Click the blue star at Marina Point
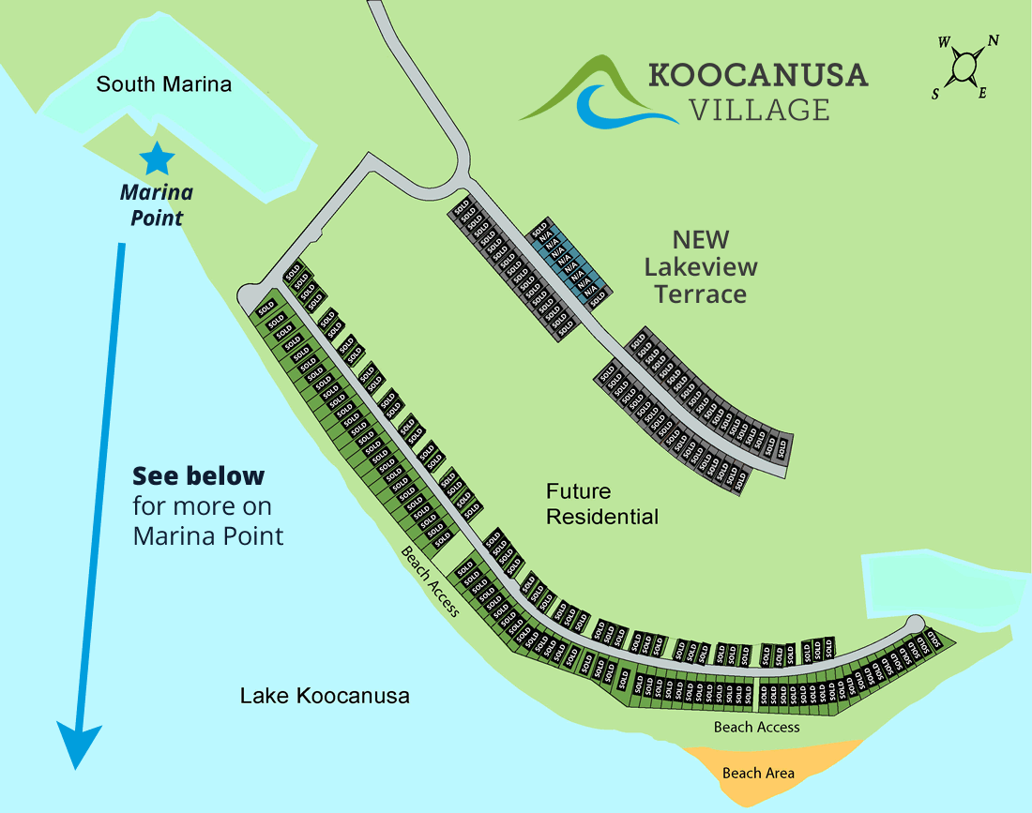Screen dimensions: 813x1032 156,159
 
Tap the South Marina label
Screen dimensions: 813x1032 163,84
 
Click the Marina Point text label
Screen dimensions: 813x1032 156,205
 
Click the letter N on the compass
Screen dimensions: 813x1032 993,40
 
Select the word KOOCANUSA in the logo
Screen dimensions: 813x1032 758,75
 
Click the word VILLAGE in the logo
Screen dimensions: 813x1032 759,110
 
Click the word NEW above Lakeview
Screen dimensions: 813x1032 701,240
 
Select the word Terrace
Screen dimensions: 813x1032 701,294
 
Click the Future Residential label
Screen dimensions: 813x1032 602,504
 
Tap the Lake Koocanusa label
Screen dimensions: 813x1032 325,696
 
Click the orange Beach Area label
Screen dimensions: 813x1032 758,773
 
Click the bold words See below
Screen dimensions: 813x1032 198,475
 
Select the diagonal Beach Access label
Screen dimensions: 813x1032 431,581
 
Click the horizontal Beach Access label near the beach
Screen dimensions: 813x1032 756,727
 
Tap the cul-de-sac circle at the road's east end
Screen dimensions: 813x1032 914,625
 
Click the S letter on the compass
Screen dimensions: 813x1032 935,95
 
